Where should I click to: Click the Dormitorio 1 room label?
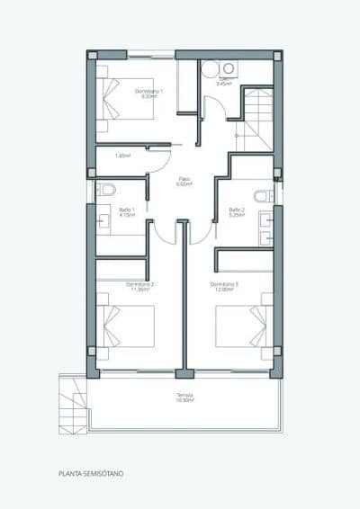pos(148,91)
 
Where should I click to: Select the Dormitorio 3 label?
pos(228,284)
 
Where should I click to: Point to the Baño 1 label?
pos(127,211)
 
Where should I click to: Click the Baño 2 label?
pos(237,211)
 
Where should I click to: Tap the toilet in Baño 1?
pos(106,190)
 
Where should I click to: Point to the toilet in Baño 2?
pos(263,196)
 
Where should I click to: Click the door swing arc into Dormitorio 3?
pos(202,230)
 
